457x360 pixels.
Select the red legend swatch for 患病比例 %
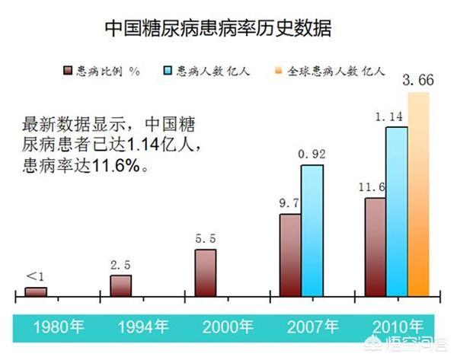click(x=67, y=71)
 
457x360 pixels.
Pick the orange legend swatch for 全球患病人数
click(x=278, y=71)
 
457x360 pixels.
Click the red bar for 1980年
click(x=35, y=292)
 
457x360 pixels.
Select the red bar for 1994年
click(x=120, y=285)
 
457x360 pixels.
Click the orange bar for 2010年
click(x=419, y=194)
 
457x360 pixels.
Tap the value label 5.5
click(x=206, y=239)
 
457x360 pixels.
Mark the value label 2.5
click(x=120, y=266)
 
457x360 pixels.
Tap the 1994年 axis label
click(x=142, y=329)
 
